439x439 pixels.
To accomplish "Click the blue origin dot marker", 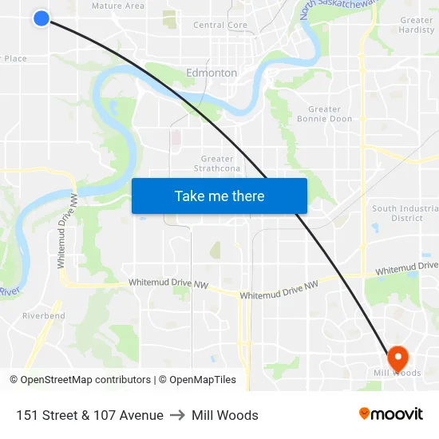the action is (42, 18).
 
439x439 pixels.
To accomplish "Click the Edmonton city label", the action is (212, 73).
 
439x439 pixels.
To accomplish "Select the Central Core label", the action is (220, 26).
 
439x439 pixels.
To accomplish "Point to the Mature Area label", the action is (118, 6).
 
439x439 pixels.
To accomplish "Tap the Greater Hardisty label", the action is (416, 25).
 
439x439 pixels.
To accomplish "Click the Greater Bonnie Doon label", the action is (324, 114).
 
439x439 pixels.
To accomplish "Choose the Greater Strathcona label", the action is (218, 164).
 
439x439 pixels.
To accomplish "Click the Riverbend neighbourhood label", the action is (44, 316).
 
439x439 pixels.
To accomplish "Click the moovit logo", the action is (391, 413).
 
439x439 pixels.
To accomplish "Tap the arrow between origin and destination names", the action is (177, 415).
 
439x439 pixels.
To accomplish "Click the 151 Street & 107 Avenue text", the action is (89, 415).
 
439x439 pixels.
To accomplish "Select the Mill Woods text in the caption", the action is (225, 415).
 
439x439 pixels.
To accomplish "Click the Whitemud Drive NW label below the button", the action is (279, 291).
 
